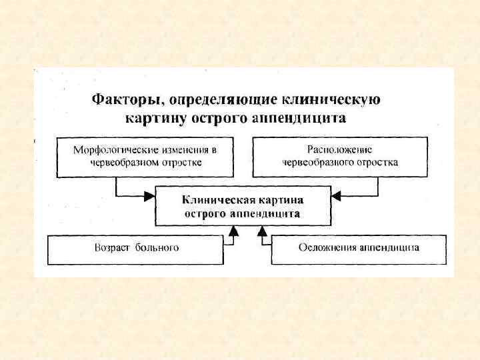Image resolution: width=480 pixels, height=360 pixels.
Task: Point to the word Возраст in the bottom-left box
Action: pos(112,248)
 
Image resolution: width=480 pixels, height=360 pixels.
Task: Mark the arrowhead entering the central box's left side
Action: pos(151,196)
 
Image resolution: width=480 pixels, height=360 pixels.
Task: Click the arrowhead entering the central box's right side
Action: pos(336,196)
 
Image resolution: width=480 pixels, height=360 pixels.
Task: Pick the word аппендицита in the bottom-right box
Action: pos(389,248)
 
